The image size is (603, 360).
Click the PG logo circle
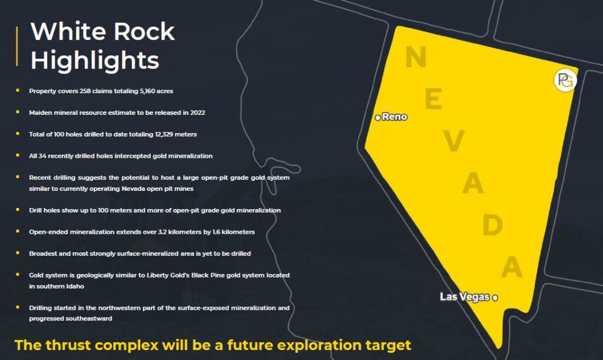[565, 80]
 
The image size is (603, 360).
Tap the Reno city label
[395, 117]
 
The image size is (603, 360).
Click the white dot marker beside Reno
[377, 117]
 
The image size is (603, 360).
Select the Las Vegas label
[465, 297]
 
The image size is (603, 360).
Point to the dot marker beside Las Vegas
[495, 298]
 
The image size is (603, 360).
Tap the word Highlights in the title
[95, 60]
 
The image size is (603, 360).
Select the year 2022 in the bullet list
[198, 113]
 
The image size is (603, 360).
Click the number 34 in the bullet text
[42, 156]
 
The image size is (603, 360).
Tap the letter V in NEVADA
[454, 140]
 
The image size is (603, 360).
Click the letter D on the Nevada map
[493, 224]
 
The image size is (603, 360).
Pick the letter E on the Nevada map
[433, 98]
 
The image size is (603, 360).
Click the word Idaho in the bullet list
[76, 286]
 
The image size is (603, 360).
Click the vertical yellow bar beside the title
[17, 46]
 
